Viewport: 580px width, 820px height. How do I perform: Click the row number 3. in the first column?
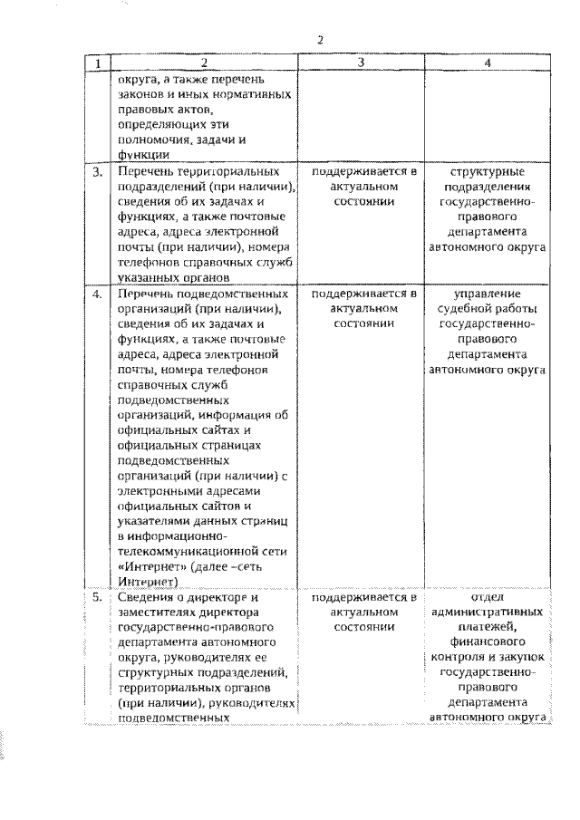tap(97, 170)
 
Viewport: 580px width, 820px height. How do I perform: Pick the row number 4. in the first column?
tap(97, 294)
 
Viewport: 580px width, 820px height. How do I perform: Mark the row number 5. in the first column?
tap(97, 598)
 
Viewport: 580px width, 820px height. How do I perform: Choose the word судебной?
tap(464, 310)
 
